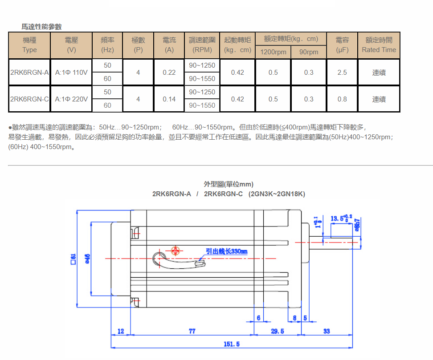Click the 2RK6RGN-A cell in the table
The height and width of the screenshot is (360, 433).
pyautogui.click(x=29, y=72)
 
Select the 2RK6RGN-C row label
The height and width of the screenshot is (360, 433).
pyautogui.click(x=29, y=99)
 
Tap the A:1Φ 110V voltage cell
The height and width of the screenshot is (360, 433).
pyautogui.click(x=71, y=72)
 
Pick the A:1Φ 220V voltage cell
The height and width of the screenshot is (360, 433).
pyautogui.click(x=71, y=99)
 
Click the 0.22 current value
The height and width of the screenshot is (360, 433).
pyautogui.click(x=169, y=72)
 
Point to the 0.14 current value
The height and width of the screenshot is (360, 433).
pyautogui.click(x=169, y=99)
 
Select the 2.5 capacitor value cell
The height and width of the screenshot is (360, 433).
pyautogui.click(x=342, y=72)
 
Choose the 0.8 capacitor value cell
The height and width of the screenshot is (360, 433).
pyautogui.click(x=342, y=99)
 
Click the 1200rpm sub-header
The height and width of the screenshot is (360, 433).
pyautogui.click(x=273, y=52)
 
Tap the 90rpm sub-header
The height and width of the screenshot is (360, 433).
pyautogui.click(x=308, y=52)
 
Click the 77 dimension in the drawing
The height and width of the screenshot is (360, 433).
pyautogui.click(x=192, y=331)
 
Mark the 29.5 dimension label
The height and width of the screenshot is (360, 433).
pyautogui.click(x=277, y=331)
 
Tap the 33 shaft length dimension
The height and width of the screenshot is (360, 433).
pyautogui.click(x=327, y=331)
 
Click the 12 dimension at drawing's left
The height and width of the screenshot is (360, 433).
pyautogui.click(x=121, y=331)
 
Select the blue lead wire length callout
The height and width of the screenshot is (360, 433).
pyautogui.click(x=226, y=251)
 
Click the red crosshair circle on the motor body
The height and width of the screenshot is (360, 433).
pyautogui.click(x=176, y=251)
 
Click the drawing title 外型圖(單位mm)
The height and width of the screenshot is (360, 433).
pyautogui.click(x=229, y=184)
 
